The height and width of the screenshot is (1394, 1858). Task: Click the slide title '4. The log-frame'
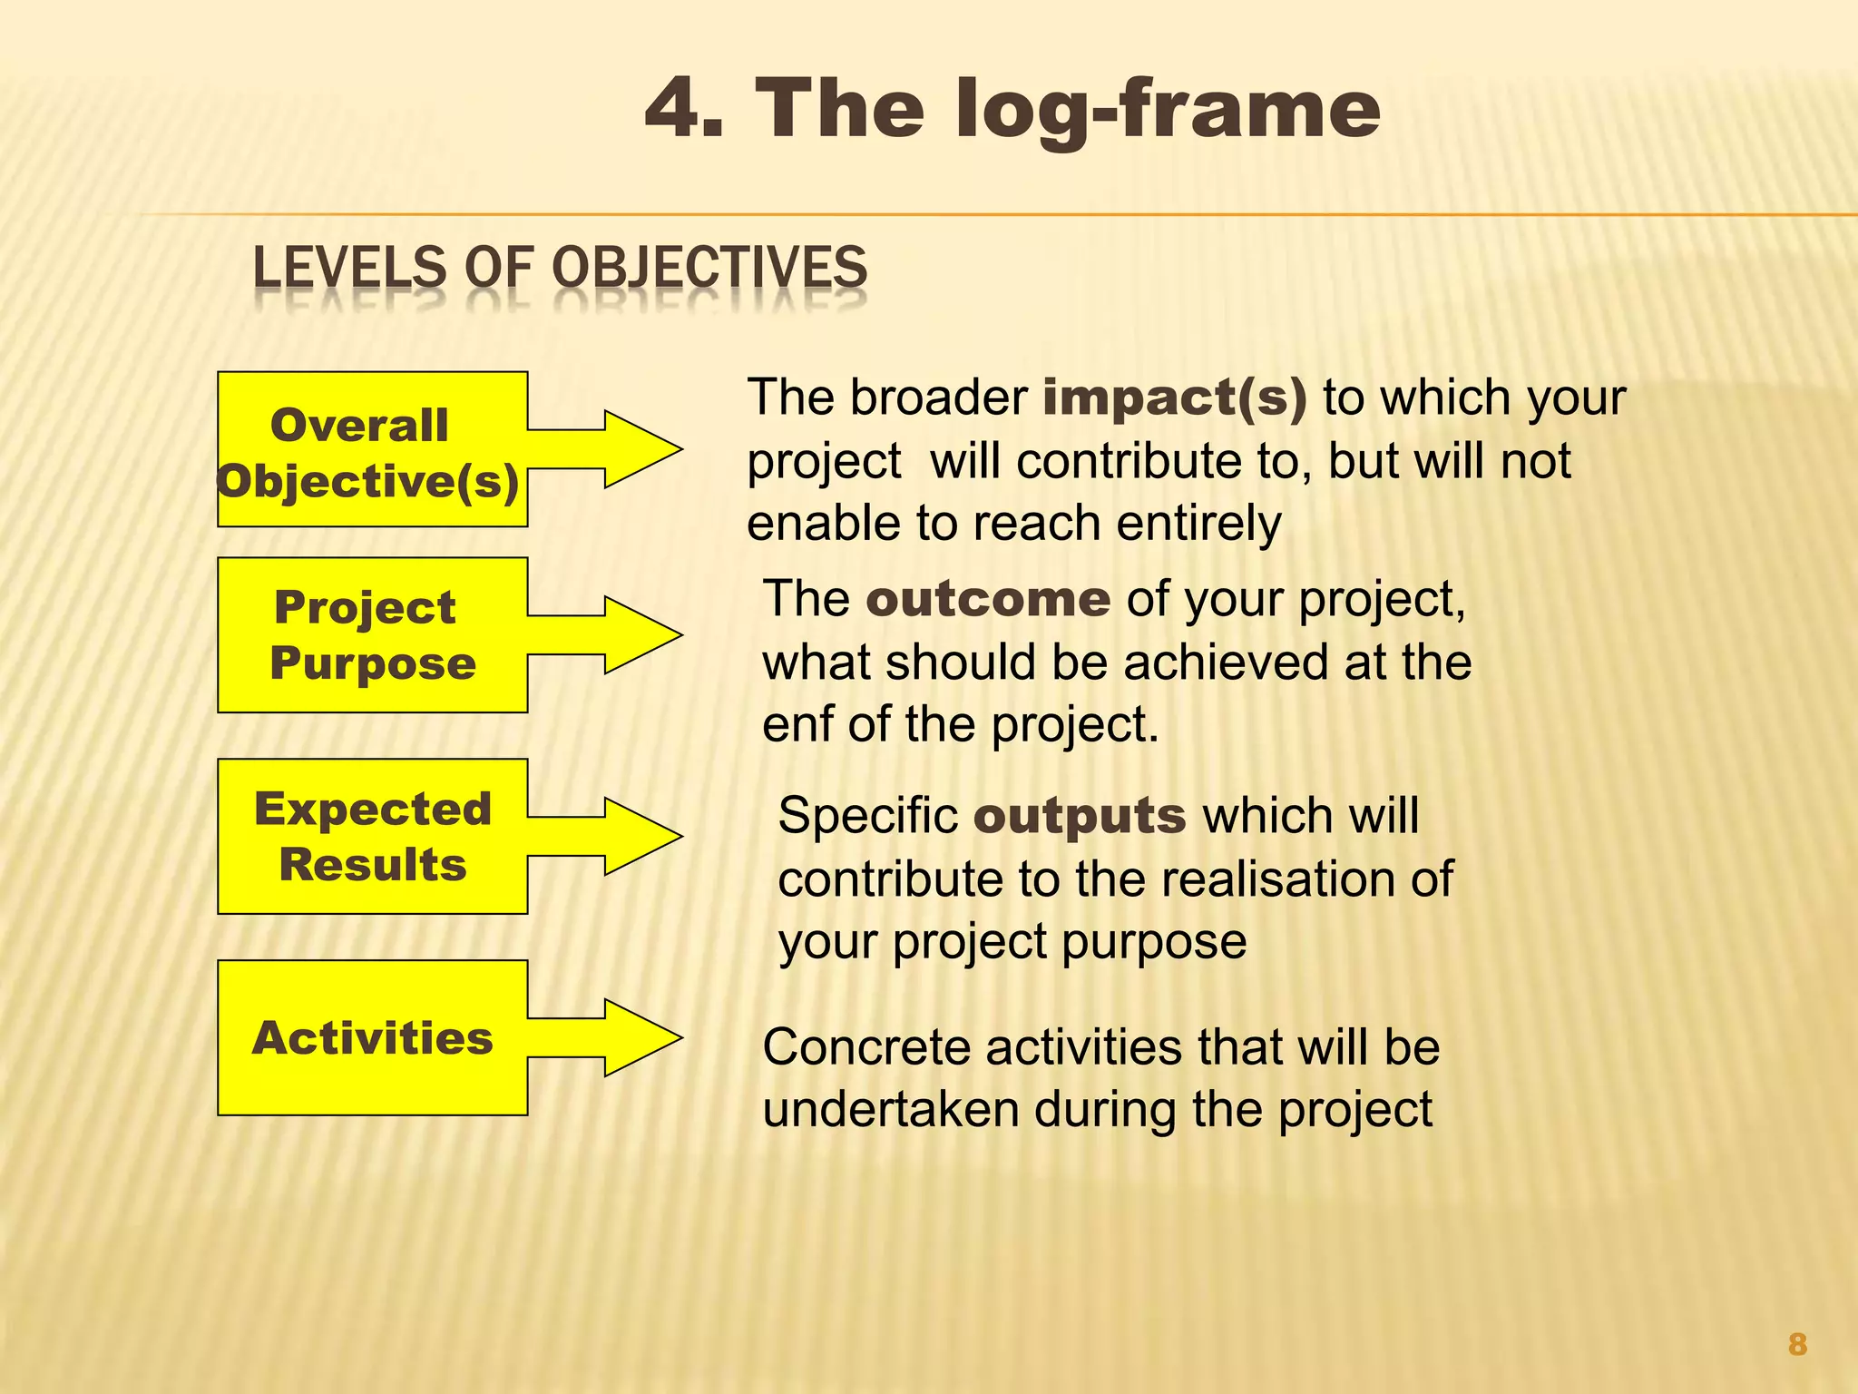(x=1012, y=109)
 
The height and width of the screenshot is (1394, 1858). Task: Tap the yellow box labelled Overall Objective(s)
(x=372, y=450)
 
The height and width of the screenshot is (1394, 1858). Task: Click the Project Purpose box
(x=372, y=635)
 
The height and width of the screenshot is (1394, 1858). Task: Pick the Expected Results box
(x=372, y=836)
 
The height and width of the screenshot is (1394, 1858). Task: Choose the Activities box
(x=372, y=1037)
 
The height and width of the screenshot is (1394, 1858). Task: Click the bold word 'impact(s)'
(x=1175, y=398)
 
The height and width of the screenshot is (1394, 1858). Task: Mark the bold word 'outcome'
(x=988, y=599)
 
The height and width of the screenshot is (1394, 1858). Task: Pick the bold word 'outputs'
(x=1080, y=816)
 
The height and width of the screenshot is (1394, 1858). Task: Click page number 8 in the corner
(x=1797, y=1344)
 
